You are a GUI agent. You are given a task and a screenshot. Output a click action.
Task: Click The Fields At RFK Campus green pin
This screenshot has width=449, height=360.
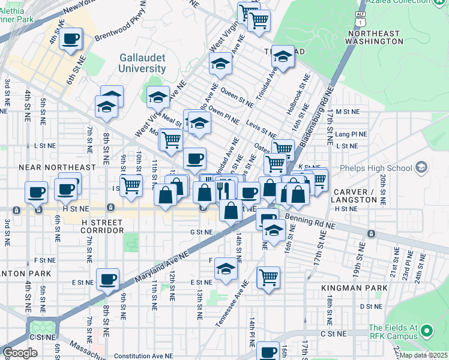[x=427, y=331]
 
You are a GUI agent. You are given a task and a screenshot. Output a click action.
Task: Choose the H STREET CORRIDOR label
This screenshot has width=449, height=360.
[x=102, y=226]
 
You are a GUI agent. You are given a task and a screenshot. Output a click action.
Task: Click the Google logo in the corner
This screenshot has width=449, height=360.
[x=20, y=353]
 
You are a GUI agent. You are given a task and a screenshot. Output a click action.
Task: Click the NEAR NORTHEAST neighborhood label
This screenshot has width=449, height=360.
[x=58, y=167]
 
